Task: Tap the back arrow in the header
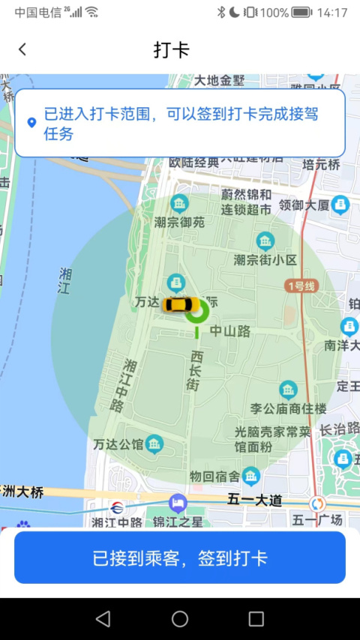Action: (x=22, y=49)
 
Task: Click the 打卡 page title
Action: (x=172, y=50)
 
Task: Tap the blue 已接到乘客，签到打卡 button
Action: (x=180, y=558)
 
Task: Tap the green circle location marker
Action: (x=196, y=313)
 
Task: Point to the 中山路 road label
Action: (x=229, y=330)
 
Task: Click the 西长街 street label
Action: (x=194, y=369)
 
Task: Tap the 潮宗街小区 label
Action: (x=265, y=259)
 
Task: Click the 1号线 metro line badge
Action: (x=301, y=286)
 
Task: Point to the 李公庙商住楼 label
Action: (x=288, y=408)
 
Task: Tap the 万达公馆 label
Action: (x=118, y=444)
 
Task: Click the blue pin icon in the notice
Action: (x=31, y=122)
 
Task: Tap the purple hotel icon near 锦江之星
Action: (x=177, y=502)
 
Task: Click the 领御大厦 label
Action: (x=304, y=204)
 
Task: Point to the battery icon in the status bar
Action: (x=301, y=12)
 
